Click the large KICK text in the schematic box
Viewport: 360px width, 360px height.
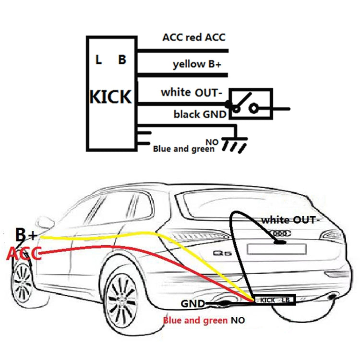click(x=110, y=97)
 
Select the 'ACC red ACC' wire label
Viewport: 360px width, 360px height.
click(x=194, y=37)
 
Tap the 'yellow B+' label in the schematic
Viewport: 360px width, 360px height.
click(x=197, y=65)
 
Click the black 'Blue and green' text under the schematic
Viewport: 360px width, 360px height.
click(x=184, y=149)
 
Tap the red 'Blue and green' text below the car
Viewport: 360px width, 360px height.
click(x=194, y=320)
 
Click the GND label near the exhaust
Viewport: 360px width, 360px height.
click(x=193, y=303)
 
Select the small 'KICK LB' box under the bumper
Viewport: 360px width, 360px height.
click(x=275, y=300)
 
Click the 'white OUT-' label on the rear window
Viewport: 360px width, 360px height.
click(x=289, y=220)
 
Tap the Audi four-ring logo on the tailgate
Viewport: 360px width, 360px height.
click(x=282, y=233)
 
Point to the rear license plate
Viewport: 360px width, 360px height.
click(x=276, y=249)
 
